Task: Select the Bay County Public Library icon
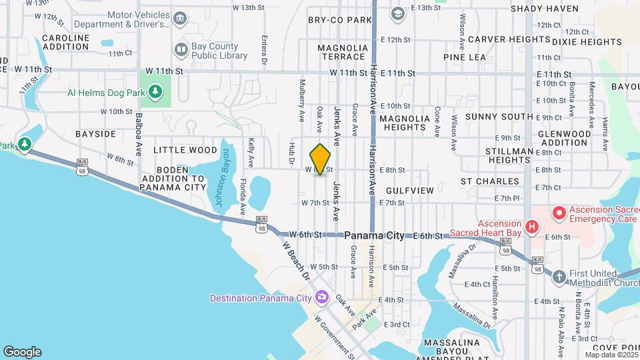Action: pos(181,49)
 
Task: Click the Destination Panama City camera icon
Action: pos(322,297)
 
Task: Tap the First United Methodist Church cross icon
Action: pos(559,275)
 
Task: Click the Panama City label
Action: pos(374,236)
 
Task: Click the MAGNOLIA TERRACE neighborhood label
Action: pos(343,53)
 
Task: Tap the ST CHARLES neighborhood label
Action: pos(489,181)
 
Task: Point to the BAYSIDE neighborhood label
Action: pos(95,134)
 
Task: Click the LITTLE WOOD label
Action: pos(185,150)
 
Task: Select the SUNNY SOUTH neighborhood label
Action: pos(499,117)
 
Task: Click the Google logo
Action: pos(22,352)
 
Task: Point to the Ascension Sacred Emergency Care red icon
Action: pos(558,213)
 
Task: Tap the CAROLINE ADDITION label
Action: pos(65,43)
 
